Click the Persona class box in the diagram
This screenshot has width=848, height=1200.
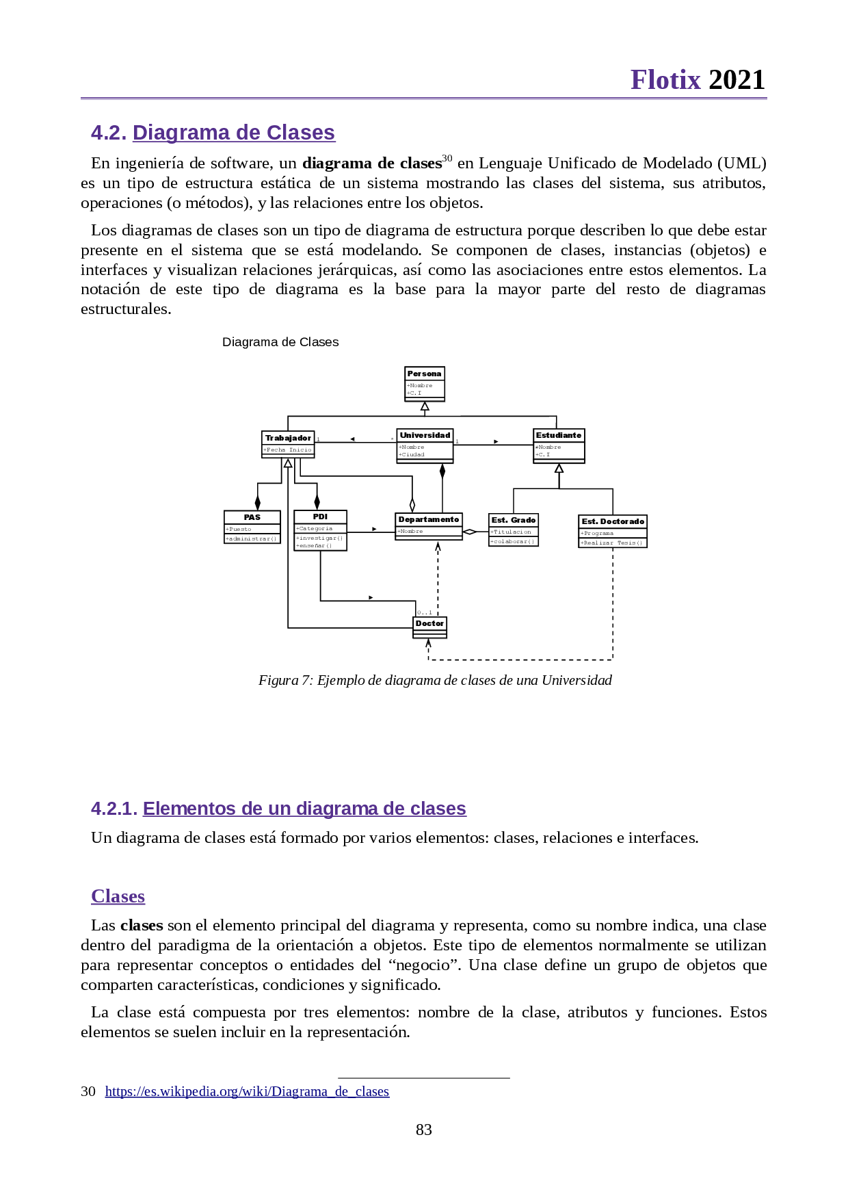425,383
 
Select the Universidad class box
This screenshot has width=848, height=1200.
425,445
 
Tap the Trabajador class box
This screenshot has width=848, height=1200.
288,444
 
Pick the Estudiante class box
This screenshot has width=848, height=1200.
559,445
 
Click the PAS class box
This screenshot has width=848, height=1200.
252,527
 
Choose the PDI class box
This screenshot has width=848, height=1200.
320,530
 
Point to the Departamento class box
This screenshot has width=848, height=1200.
429,526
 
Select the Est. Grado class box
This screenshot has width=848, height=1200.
514,530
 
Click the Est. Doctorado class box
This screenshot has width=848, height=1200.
613,532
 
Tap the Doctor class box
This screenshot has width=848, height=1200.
429,627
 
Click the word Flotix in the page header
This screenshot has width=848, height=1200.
665,80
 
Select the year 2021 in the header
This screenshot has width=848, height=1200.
737,80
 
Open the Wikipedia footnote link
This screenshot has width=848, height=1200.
247,1091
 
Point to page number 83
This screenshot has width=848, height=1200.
424,1130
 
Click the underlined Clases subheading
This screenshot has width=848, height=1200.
118,896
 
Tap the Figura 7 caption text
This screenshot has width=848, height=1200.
435,680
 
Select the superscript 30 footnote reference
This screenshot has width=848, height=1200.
447,159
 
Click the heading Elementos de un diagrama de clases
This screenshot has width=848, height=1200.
304,809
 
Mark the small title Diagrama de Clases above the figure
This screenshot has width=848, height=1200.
280,342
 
